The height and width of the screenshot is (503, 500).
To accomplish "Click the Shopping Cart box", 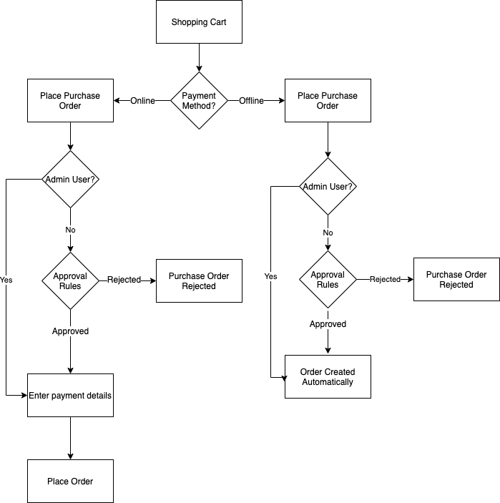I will tap(199, 22).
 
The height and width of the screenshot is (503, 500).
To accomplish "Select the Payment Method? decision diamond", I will tap(199, 101).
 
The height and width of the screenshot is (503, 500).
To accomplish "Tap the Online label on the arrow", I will tap(142, 101).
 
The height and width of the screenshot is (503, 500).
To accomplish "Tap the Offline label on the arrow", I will tap(251, 101).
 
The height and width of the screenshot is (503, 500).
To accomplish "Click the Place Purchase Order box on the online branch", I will tap(70, 101).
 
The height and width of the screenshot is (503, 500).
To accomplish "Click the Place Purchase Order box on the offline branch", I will tap(328, 101).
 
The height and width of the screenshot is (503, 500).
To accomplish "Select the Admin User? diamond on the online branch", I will tap(70, 179).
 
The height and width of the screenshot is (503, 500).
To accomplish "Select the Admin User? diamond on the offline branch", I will tap(328, 187).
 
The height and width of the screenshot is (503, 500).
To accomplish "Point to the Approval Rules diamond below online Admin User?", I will tap(70, 280).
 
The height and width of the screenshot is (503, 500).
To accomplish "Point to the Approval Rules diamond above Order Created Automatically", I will tap(328, 280).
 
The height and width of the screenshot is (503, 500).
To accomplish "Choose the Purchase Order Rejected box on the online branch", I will tap(199, 280).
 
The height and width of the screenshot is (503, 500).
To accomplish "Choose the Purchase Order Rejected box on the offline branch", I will tap(456, 280).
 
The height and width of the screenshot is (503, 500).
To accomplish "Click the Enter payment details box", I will tap(70, 395).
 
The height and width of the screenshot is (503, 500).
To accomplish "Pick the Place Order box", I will tap(70, 481).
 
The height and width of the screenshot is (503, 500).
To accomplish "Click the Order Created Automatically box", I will tap(328, 376).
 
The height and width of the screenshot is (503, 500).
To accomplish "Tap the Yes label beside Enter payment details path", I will tap(6, 280).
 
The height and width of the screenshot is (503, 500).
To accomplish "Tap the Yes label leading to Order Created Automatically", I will tap(270, 276).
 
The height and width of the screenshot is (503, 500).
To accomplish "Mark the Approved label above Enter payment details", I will tap(70, 331).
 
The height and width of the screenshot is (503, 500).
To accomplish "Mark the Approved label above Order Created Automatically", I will tap(328, 324).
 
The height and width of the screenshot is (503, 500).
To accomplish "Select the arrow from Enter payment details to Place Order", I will tap(70, 438).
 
